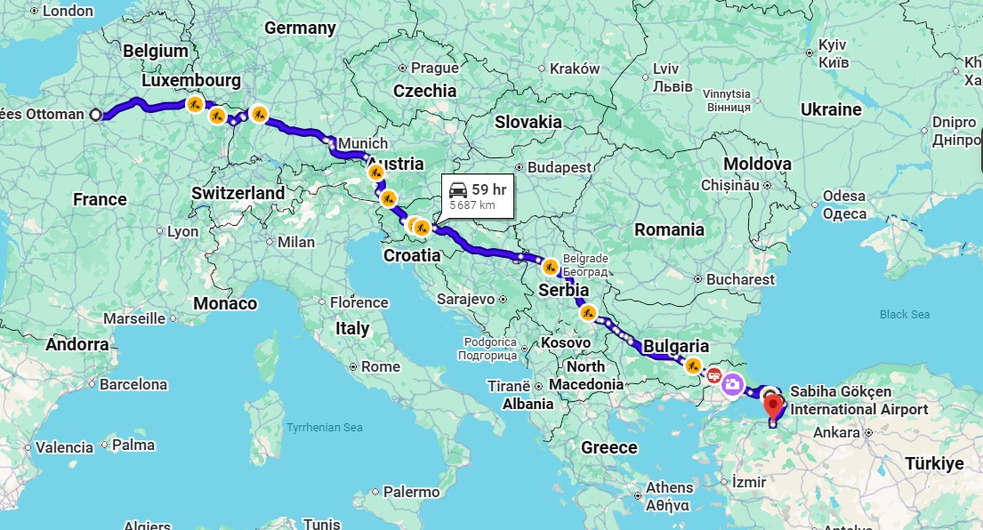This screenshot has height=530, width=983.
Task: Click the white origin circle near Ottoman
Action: click(96, 115)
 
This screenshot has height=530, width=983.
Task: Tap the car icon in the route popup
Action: click(458, 189)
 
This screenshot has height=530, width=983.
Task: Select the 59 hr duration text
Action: click(488, 189)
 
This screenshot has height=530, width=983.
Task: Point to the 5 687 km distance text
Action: click(472, 205)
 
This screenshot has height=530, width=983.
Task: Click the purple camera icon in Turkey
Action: click(732, 383)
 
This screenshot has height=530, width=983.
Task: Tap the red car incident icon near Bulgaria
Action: click(713, 374)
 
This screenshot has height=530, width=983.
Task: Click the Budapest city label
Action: click(559, 167)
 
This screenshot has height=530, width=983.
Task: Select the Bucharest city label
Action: click(740, 279)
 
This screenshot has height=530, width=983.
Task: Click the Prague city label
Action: click(434, 68)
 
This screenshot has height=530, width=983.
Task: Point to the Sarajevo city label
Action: click(466, 299)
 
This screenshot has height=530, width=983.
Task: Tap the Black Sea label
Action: click(904, 315)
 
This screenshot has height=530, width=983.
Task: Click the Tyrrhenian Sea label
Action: click(324, 428)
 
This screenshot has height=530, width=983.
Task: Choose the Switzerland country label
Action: click(238, 193)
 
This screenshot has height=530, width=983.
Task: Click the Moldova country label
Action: click(757, 165)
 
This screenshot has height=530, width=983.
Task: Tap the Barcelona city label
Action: click(133, 385)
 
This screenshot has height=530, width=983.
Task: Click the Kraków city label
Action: click(575, 68)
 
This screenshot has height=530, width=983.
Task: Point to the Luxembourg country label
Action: click(191, 80)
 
